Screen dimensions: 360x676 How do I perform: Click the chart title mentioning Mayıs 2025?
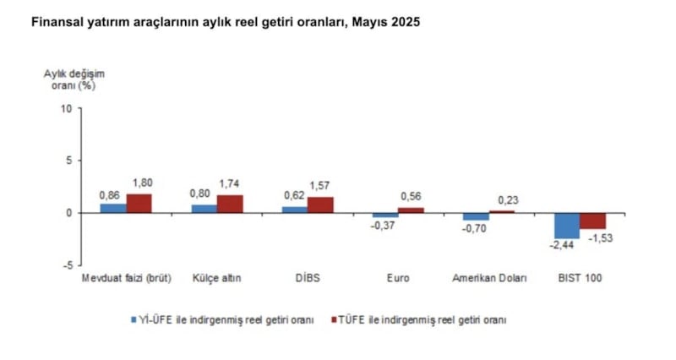click(x=225, y=23)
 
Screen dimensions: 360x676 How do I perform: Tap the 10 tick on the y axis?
click(x=68, y=108)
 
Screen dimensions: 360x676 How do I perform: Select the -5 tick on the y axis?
click(x=68, y=265)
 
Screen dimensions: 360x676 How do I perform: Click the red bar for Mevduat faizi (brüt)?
click(x=139, y=203)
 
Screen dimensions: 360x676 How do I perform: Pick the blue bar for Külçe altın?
click(x=204, y=208)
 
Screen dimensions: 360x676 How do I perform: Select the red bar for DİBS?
click(x=320, y=205)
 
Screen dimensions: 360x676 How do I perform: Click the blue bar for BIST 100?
click(x=566, y=226)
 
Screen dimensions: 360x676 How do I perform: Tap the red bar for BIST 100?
click(x=591, y=221)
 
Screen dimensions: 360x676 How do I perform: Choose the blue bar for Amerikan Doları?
click(x=476, y=216)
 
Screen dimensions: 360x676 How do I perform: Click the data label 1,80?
click(x=139, y=183)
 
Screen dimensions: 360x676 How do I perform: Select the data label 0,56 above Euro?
click(x=411, y=197)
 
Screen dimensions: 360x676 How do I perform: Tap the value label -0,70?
click(x=472, y=227)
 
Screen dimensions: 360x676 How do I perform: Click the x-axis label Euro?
click(x=399, y=278)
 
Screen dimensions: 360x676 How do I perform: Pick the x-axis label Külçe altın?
click(x=217, y=278)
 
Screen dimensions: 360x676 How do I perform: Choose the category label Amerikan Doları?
click(x=489, y=278)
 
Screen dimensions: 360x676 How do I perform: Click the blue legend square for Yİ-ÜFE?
click(x=134, y=320)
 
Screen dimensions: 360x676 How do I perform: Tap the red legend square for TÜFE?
click(x=334, y=320)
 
